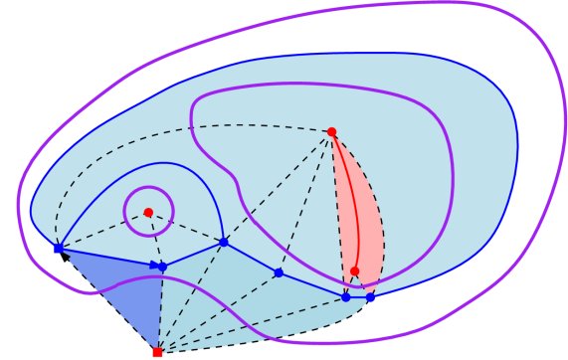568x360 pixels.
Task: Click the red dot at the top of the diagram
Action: click(x=331, y=131)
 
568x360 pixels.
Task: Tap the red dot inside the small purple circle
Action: click(x=148, y=212)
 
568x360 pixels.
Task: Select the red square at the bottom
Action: click(x=157, y=352)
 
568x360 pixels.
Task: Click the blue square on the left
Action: click(x=58, y=249)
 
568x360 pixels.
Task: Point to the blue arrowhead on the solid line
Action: click(x=154, y=265)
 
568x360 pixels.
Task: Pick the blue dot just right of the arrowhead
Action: click(x=163, y=267)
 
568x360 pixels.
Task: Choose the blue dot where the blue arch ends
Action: click(x=224, y=242)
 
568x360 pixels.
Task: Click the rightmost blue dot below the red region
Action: click(x=371, y=296)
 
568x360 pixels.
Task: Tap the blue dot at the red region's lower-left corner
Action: click(x=346, y=296)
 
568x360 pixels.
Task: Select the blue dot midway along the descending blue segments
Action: click(x=279, y=272)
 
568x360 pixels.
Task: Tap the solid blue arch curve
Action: click(x=164, y=163)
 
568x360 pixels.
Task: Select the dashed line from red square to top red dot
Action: click(x=244, y=242)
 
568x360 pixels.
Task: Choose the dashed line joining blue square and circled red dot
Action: click(x=102, y=230)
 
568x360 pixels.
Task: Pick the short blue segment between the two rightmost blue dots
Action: click(x=358, y=296)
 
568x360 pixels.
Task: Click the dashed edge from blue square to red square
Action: click(x=106, y=299)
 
